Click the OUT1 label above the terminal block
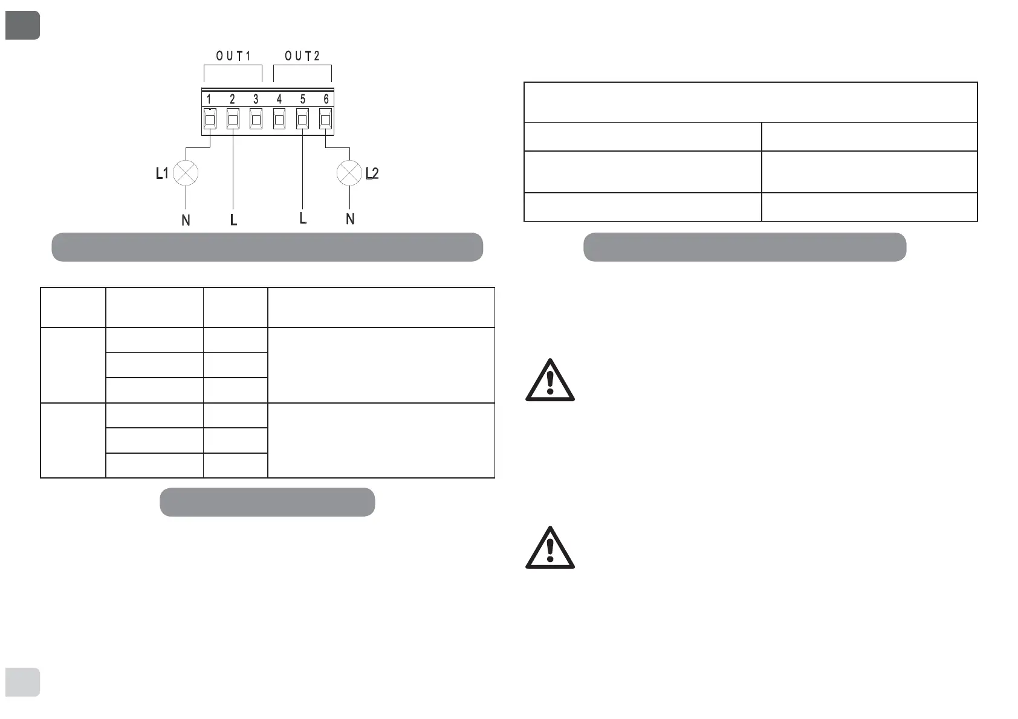tap(233, 56)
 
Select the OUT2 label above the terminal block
tap(302, 56)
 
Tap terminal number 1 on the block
tap(209, 99)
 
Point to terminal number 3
tap(256, 99)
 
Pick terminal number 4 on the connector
tap(279, 99)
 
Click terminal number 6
tap(326, 99)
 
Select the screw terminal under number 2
tap(233, 119)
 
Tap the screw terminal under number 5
tap(302, 119)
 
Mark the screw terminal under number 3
tap(256, 119)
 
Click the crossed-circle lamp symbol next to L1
tap(186, 173)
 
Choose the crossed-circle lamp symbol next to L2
tap(349, 173)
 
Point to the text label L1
tap(161, 174)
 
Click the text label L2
tap(372, 174)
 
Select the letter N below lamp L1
tap(186, 221)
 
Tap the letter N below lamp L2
tap(350, 219)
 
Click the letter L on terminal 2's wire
tap(233, 221)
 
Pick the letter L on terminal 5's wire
tap(303, 218)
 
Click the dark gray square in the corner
tap(22, 25)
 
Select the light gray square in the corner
tap(22, 682)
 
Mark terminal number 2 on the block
tap(232, 99)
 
